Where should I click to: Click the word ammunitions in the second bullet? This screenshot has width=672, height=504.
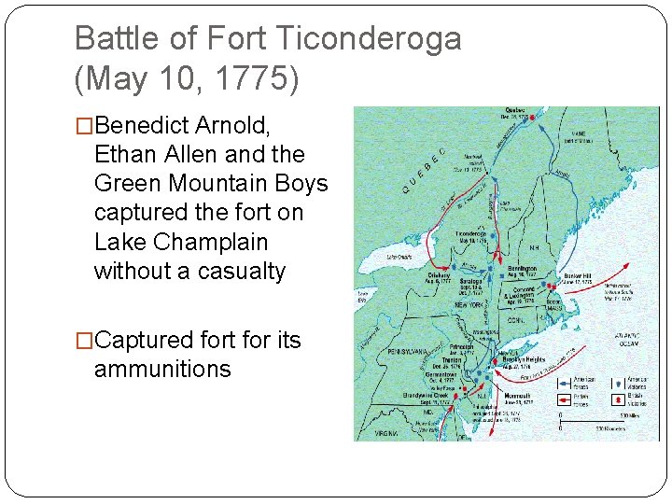(162, 369)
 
